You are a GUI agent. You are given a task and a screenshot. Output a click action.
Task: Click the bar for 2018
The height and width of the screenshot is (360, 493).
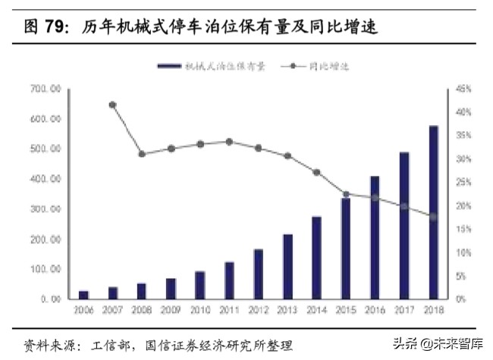(434, 212)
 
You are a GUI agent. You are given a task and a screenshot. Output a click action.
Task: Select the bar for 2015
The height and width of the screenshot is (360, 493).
(345, 249)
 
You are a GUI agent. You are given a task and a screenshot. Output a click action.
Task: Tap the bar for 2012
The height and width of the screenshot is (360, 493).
(258, 274)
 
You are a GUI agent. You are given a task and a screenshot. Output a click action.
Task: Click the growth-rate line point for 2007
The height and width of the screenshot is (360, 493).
(113, 105)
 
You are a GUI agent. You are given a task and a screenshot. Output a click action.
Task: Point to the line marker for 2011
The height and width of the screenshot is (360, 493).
(229, 142)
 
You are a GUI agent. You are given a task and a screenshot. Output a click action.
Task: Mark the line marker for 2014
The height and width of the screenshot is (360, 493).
(316, 172)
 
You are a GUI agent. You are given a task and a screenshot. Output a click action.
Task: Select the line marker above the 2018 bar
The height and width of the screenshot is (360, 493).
(434, 217)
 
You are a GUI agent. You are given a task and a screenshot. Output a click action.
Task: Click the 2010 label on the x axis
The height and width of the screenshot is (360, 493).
(199, 311)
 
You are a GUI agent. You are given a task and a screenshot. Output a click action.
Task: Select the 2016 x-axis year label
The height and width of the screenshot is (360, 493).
(375, 311)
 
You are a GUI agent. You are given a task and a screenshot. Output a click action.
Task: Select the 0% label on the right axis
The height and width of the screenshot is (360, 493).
(460, 299)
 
